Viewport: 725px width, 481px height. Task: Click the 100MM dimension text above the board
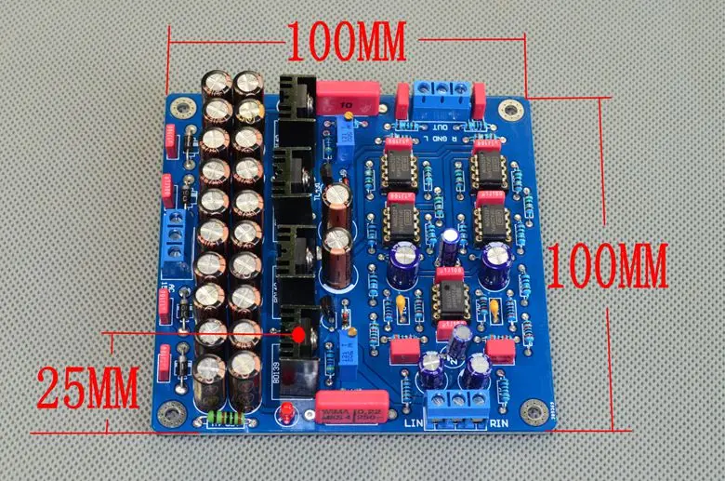click(346, 40)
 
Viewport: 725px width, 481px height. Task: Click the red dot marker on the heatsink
click(300, 332)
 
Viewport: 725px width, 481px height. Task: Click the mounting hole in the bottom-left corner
click(173, 416)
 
